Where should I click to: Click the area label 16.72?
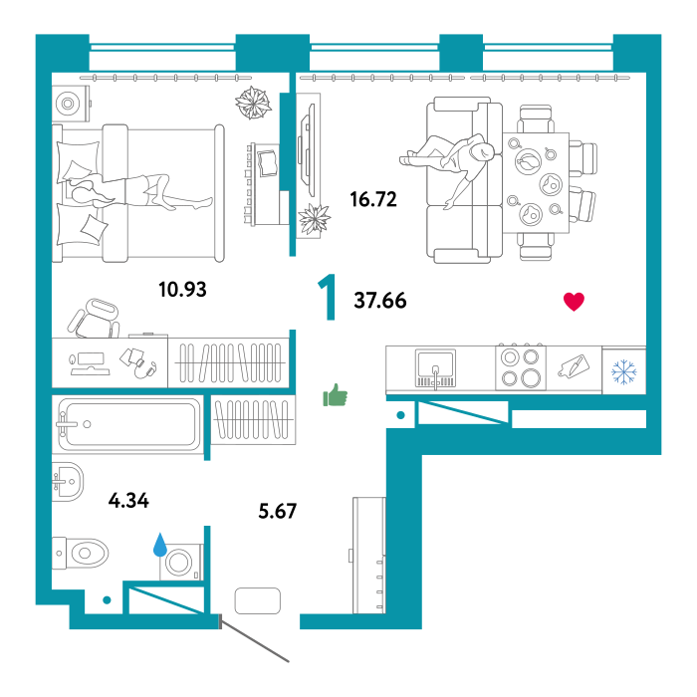coord(373,199)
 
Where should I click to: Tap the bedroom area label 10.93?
coord(182,290)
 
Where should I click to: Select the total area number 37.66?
coord(380,301)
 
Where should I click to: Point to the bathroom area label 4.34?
coord(128,501)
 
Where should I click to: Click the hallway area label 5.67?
coord(278,511)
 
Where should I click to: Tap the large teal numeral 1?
coord(328,297)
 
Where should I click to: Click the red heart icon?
coord(574,302)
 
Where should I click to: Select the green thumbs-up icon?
coord(336,395)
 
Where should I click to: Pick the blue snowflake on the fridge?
coord(624,371)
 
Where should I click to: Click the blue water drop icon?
coord(160,545)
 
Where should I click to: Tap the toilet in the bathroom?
coord(80,554)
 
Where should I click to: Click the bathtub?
coord(128,424)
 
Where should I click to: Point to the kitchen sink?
coord(435,368)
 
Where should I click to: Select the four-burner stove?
coord(521,367)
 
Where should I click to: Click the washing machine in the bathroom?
coord(181,562)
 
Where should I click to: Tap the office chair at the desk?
coord(95,319)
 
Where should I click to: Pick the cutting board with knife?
coord(574,366)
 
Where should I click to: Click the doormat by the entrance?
coord(257,601)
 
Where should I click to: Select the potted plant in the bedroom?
coord(253,103)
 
